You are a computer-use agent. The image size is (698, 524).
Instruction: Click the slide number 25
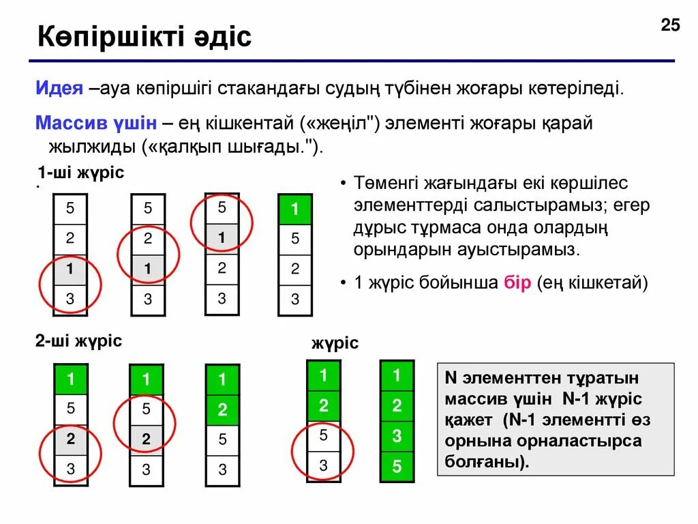click(x=670, y=25)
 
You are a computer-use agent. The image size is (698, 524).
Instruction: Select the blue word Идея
click(x=60, y=89)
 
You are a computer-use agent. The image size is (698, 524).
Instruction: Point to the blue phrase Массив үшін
click(x=96, y=123)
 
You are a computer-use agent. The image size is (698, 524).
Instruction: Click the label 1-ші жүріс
click(x=80, y=173)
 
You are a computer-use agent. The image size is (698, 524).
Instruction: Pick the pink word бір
click(x=517, y=283)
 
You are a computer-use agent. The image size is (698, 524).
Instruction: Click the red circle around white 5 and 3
click(x=323, y=450)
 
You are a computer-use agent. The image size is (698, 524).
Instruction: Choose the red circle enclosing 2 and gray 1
click(x=148, y=253)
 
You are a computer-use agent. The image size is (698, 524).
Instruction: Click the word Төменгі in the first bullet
click(x=386, y=184)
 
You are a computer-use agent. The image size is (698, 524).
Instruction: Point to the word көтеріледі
click(x=580, y=89)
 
